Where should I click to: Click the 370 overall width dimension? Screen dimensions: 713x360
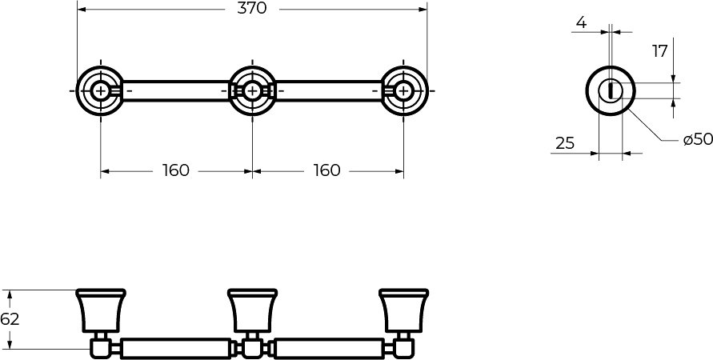[251, 8]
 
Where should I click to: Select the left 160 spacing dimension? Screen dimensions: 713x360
[175, 170]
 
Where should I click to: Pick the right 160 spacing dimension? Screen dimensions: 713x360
[327, 170]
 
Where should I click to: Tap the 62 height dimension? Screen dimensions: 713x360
[10, 319]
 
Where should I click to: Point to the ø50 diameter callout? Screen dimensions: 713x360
[698, 139]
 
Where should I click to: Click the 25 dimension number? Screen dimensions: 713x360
[565, 143]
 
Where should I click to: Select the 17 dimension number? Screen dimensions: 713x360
[660, 51]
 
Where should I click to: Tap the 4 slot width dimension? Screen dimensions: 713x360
[581, 22]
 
